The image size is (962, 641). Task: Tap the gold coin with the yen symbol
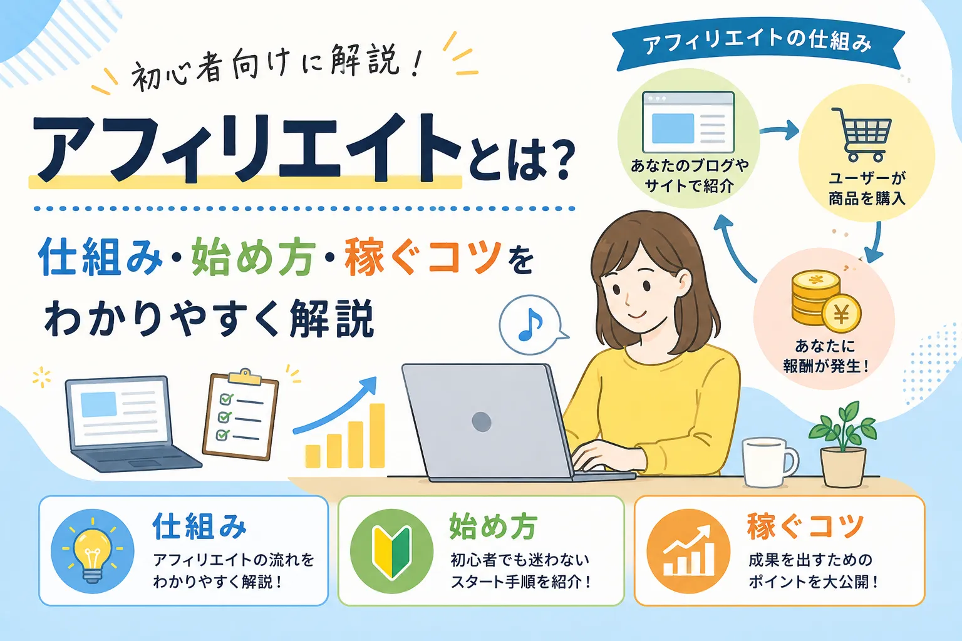coord(841,314)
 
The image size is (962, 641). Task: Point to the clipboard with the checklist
coord(240,414)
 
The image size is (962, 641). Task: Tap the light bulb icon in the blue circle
coord(92,551)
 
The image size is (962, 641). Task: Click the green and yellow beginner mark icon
coord(391,551)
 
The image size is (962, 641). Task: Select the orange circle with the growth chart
coord(688,551)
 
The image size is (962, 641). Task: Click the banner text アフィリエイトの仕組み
coord(757,43)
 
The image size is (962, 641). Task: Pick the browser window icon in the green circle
coord(688,122)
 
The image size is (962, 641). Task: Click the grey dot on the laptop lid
coord(482,421)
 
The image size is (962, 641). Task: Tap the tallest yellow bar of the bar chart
coord(377,435)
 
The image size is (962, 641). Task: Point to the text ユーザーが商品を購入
coord(867,188)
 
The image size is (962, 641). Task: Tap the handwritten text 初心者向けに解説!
coord(275,69)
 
